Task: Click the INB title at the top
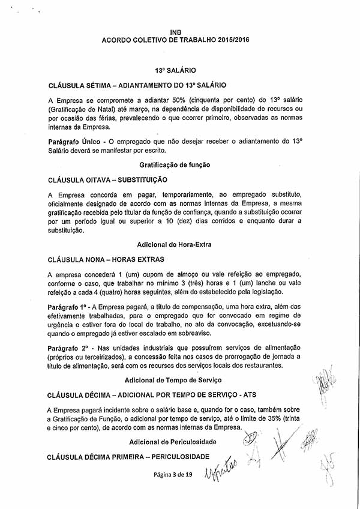(175, 31)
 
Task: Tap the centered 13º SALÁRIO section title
(175, 70)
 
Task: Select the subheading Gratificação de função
(175, 164)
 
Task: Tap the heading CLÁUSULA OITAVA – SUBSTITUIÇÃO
(107, 179)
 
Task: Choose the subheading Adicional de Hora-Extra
(175, 245)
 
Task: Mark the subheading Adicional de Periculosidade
(175, 442)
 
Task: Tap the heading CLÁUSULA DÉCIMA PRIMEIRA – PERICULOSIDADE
(128, 457)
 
